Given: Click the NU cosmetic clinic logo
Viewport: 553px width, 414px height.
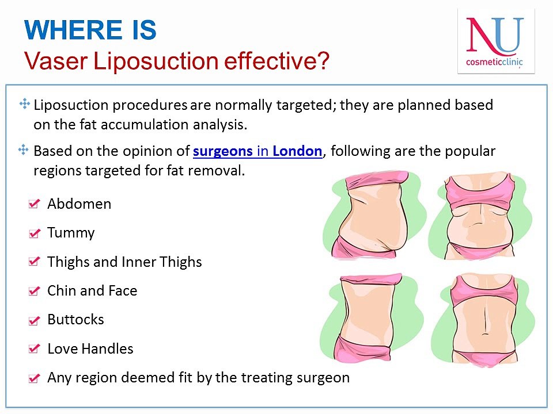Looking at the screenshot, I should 495,41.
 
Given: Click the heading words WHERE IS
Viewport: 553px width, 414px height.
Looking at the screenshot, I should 90,30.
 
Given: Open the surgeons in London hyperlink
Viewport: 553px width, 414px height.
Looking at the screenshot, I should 257,151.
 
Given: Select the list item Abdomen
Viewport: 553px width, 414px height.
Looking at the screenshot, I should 79,204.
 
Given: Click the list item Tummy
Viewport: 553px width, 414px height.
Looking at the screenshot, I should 71,233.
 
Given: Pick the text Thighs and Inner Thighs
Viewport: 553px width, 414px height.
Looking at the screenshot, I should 124,262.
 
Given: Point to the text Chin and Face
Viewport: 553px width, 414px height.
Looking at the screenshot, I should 92,291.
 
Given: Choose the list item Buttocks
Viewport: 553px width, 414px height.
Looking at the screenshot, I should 75,320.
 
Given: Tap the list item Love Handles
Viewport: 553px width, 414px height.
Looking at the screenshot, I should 90,349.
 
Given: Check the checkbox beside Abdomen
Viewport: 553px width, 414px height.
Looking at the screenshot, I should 34,204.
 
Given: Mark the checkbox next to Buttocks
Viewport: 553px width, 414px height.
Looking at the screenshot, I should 34,320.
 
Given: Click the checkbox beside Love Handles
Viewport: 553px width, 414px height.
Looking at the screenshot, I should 34,349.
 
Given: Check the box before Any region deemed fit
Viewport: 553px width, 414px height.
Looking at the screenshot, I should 34,378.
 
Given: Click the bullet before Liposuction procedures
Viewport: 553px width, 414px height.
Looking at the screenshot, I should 24,103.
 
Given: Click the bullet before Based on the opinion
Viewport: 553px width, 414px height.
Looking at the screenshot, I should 24,149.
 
